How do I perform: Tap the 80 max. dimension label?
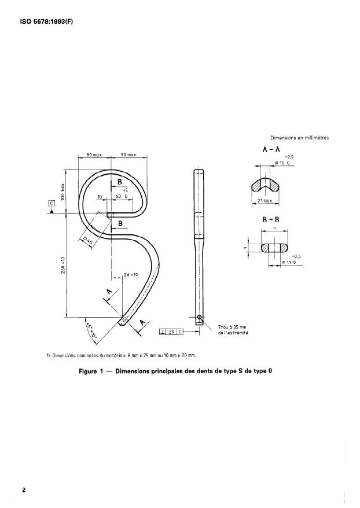[94, 155]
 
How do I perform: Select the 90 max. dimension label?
[128, 155]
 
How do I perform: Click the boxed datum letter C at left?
[52, 204]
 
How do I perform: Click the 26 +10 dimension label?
[130, 274]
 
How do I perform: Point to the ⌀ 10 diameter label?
[281, 164]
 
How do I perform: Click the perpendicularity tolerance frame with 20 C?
[171, 332]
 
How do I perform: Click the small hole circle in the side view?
[199, 317]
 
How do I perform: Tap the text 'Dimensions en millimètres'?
[299, 138]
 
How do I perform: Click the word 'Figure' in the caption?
[91, 371]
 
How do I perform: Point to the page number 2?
[24, 489]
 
